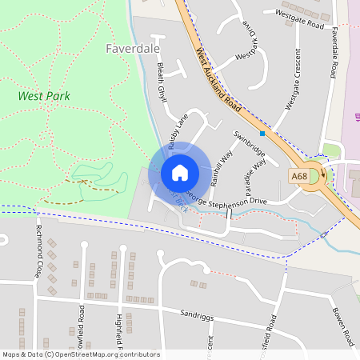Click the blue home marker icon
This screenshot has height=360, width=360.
pyautogui.click(x=180, y=172)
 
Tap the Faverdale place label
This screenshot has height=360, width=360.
pyautogui.click(x=132, y=48)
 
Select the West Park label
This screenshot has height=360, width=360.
pyautogui.click(x=44, y=96)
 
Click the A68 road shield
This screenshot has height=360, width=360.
pyautogui.click(x=299, y=176)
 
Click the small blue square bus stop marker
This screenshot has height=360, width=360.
pyautogui.click(x=262, y=133)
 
